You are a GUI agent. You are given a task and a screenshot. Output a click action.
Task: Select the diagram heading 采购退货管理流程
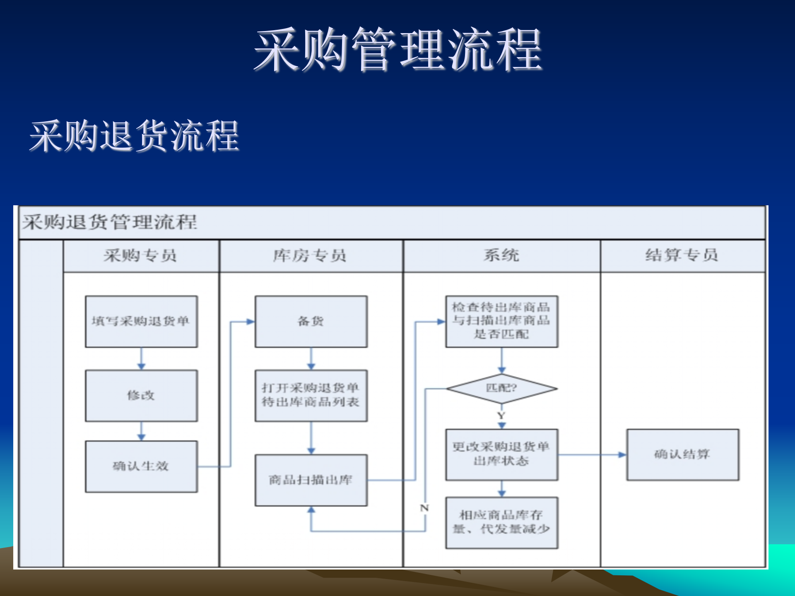click(110, 222)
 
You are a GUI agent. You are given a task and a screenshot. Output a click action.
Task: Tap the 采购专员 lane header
click(141, 255)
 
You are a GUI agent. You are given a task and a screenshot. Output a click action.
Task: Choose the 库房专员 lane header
click(310, 255)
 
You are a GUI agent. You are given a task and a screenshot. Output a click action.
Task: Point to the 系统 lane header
click(501, 255)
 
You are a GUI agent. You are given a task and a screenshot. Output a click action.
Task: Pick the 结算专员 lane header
click(682, 255)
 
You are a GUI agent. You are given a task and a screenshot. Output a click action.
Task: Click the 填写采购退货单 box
click(141, 321)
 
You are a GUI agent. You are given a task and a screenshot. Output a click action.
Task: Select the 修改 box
click(141, 396)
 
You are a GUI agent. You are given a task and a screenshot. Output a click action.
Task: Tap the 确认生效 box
click(141, 466)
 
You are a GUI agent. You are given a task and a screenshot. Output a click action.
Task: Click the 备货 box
click(311, 321)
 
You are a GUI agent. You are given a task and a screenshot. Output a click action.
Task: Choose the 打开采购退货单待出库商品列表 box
click(311, 395)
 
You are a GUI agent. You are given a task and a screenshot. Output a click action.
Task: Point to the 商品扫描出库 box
click(311, 480)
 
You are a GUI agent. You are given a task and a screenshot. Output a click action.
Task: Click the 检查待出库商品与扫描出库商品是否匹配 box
click(501, 321)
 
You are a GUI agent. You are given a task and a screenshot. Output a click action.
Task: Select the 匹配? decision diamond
click(501, 388)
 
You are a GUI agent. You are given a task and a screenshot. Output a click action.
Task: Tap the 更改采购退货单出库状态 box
click(501, 454)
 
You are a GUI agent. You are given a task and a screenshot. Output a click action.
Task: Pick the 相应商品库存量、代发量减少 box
click(501, 522)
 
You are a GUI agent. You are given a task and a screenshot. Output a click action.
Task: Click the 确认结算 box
click(682, 454)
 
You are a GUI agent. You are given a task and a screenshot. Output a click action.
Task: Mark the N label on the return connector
click(424, 508)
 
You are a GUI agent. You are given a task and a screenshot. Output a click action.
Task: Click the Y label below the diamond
click(501, 415)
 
